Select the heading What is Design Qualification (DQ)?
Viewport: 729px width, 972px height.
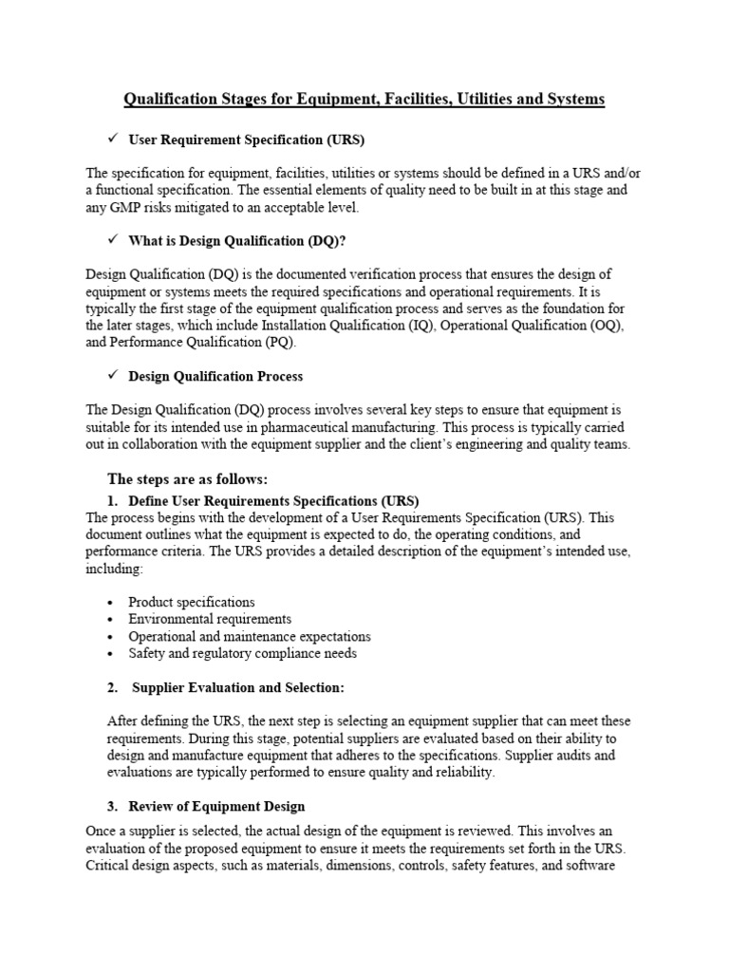pyautogui.click(x=231, y=240)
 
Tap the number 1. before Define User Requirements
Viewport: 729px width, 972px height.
pyautogui.click(x=112, y=500)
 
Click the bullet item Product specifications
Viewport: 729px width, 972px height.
pyautogui.click(x=192, y=602)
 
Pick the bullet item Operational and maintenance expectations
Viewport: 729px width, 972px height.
pyautogui.click(x=250, y=636)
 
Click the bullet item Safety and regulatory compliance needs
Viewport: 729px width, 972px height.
pyautogui.click(x=243, y=653)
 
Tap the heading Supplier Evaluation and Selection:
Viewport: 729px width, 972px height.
pyautogui.click(x=238, y=686)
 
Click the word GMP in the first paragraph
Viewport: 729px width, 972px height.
pyautogui.click(x=127, y=207)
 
